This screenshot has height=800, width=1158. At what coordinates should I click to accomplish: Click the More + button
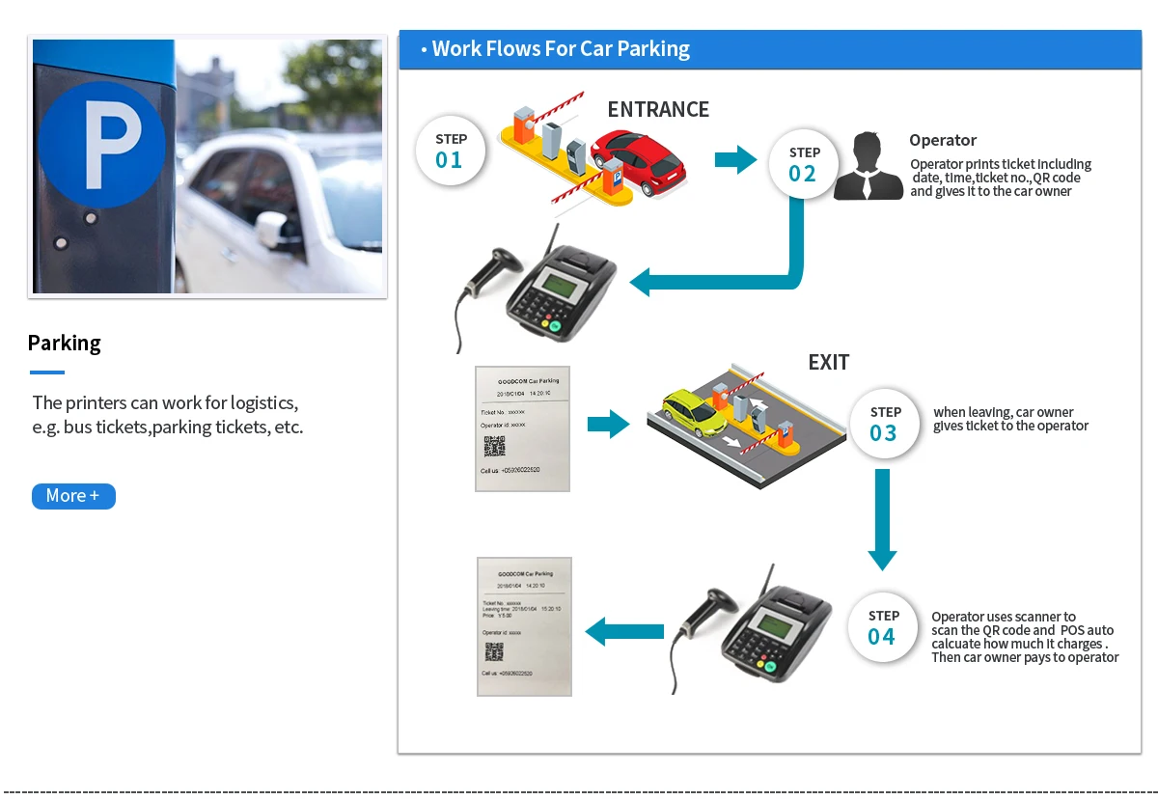73,496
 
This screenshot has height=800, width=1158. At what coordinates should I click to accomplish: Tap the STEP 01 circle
450,152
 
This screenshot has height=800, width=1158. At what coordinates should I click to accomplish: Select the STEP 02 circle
803,164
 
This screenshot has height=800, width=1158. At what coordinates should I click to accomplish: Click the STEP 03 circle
884,425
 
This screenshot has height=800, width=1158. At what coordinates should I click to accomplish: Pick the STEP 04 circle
883,628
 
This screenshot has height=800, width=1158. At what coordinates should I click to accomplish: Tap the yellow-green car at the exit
694,412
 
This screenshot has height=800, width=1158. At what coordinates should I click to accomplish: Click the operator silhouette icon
868,166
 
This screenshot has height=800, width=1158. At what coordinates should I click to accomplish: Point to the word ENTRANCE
658,110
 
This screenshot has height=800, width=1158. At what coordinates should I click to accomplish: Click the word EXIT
829,363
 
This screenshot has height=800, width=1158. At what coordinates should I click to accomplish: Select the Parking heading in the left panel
65,344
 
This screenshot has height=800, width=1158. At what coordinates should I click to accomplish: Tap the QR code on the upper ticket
495,446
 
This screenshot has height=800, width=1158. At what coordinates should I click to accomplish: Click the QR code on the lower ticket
494,651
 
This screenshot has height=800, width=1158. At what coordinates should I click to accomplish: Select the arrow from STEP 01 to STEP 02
735,159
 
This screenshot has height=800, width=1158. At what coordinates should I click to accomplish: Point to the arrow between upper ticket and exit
608,424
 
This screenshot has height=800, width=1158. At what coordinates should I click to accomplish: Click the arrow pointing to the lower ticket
624,632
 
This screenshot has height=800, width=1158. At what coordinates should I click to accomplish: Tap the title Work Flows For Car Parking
561,49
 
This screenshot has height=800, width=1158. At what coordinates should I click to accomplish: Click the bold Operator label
943,141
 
